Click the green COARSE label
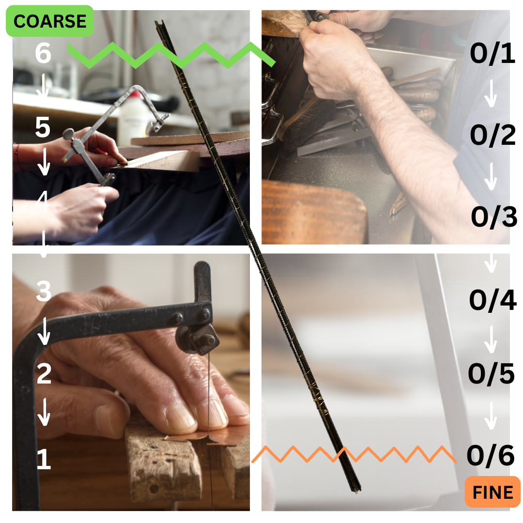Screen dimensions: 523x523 pyautogui.click(x=50, y=21)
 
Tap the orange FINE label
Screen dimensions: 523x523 pyautogui.click(x=492, y=492)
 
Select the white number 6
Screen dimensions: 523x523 pyautogui.click(x=43, y=53)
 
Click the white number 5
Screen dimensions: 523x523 pyautogui.click(x=43, y=127)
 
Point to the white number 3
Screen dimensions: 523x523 pyautogui.click(x=44, y=291)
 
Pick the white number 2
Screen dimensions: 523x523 pyautogui.click(x=44, y=373)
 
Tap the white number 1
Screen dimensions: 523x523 pyautogui.click(x=44, y=459)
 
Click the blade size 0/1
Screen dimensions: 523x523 pyautogui.click(x=492, y=53)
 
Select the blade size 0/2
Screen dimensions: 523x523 pyautogui.click(x=492, y=135)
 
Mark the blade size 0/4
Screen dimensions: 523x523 pyautogui.click(x=492, y=300)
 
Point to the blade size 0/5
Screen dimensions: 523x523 pyautogui.click(x=492, y=373)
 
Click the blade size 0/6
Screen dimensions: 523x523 pyautogui.click(x=491, y=455)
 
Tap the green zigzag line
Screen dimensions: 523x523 pyautogui.click(x=171, y=55)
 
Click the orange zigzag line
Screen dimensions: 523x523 pyautogui.click(x=354, y=454)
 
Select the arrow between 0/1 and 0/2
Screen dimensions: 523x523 pyautogui.click(x=491, y=94)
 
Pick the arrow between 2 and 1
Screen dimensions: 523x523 pyautogui.click(x=44, y=412)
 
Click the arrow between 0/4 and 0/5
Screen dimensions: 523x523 pyautogui.click(x=491, y=339)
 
